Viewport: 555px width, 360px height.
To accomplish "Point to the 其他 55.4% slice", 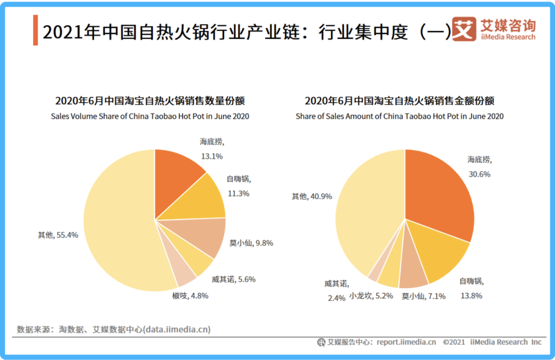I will click(118, 221).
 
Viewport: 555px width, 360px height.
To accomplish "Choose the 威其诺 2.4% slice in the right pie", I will click(375, 272).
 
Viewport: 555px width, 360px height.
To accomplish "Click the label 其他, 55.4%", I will click(58, 235).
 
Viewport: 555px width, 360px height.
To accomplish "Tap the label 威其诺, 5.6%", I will click(233, 279).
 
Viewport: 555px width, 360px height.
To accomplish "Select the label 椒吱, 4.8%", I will click(190, 296).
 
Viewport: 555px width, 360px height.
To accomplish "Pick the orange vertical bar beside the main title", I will click(35, 30).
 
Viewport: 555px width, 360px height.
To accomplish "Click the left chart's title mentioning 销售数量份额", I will click(150, 101).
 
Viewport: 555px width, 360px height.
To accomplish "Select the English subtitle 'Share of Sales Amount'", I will click(399, 117).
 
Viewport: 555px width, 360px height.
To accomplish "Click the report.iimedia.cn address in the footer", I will click(406, 342).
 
